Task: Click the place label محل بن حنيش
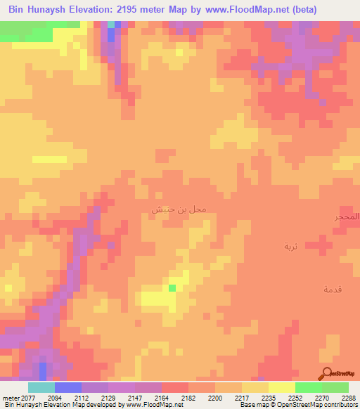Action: (x=179, y=209)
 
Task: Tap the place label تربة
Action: (x=291, y=246)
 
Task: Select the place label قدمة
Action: (x=333, y=290)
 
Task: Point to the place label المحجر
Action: (x=347, y=217)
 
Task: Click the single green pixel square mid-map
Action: (x=172, y=287)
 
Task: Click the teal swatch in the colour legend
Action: (x=41, y=387)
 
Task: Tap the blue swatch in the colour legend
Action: (x=68, y=387)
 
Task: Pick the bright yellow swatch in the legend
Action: (x=282, y=387)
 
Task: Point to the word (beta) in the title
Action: (x=304, y=10)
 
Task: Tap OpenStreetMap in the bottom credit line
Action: (x=297, y=405)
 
